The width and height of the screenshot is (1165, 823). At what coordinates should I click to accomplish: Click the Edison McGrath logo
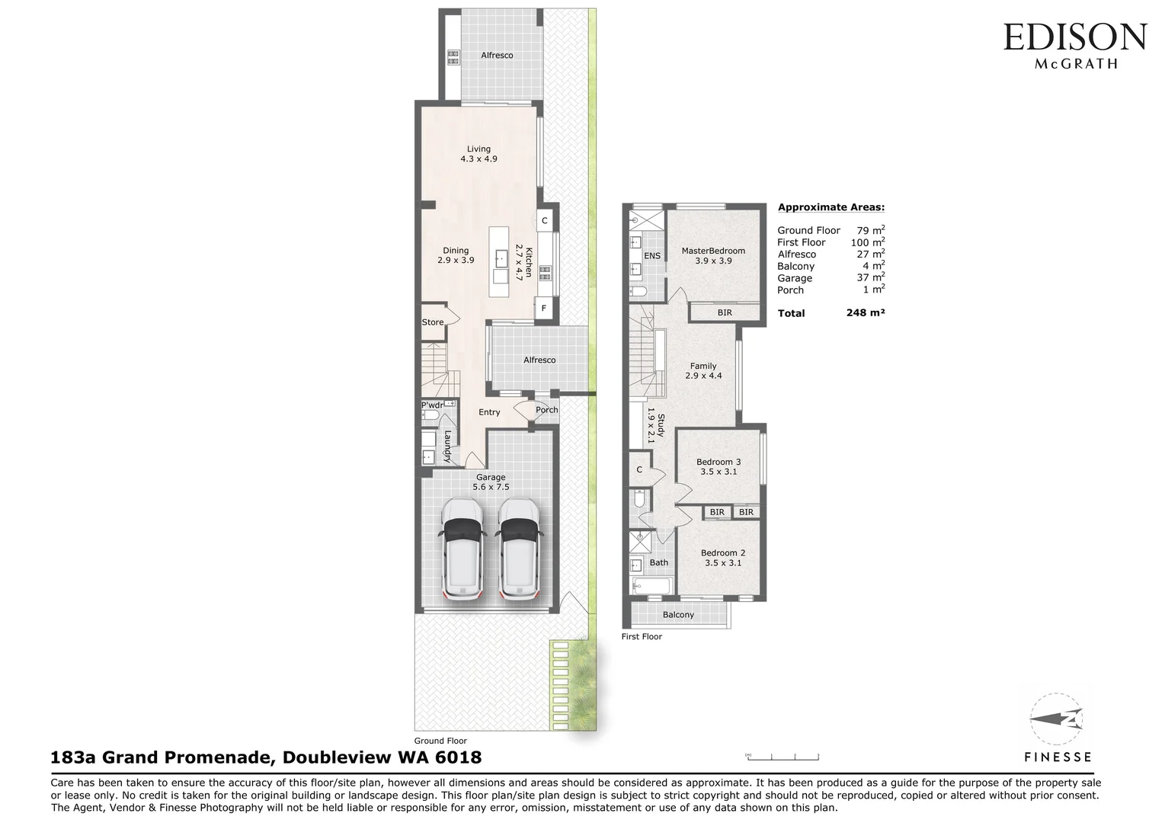1074,45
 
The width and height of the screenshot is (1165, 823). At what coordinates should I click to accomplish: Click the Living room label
478,154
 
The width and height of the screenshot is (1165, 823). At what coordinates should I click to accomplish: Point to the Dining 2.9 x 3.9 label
456,255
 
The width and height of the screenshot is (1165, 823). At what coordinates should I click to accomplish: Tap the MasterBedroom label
713,255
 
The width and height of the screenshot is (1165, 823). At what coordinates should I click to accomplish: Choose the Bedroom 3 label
718,466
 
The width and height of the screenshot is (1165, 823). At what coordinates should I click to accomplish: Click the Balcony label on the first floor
678,615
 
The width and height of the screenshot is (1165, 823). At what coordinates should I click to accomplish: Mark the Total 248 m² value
865,312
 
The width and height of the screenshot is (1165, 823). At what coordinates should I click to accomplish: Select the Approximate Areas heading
831,207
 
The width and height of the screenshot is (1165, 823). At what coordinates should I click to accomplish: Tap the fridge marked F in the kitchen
544,309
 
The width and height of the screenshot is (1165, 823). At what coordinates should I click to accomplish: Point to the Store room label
433,322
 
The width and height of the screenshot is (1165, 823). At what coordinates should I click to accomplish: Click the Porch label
546,410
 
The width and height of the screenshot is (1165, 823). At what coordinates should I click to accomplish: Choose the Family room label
703,371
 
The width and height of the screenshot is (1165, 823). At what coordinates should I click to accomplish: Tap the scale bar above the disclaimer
783,756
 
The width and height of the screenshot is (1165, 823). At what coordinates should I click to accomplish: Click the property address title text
266,757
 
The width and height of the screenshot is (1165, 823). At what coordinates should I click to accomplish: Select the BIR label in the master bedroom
724,312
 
